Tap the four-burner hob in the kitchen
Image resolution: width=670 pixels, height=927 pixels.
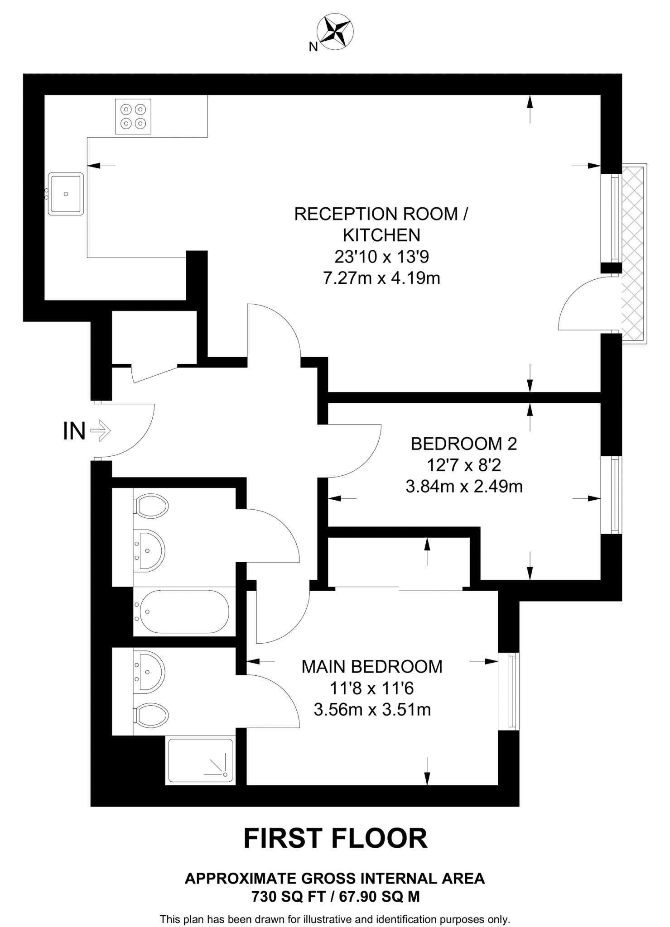pos(133,116)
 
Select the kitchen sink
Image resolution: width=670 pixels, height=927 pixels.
pos(66,194)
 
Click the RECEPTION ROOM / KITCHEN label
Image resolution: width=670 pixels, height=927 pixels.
pos(381,225)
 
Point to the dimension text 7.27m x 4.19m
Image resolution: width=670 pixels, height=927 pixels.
pos(381,278)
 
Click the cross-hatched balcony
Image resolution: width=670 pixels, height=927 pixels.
pos(634,253)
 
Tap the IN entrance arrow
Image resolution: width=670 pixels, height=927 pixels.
pos(101,430)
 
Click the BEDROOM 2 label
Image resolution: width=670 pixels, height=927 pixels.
pos(463,444)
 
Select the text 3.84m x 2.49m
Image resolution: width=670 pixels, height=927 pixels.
pos(464,487)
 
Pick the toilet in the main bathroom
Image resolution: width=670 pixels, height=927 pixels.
pos(151,506)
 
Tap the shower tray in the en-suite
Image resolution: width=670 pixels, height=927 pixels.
pos(200,761)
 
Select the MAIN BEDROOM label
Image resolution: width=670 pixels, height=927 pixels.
pos(372,667)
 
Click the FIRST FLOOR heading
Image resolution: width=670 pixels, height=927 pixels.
pos(335,838)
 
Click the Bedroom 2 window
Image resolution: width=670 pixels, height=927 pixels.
pos(612,495)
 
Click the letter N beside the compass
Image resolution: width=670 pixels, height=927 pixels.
pos(313,47)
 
